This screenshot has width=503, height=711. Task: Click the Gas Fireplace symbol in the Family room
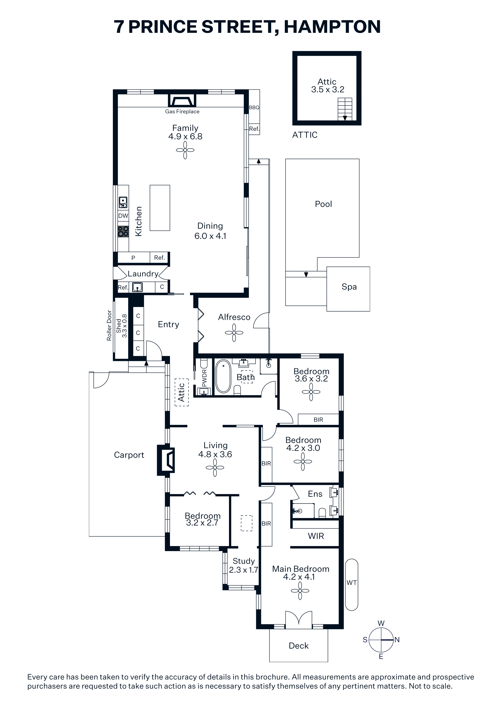(182, 100)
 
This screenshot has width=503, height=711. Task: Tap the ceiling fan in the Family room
(185, 150)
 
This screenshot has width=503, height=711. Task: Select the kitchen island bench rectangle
(160, 208)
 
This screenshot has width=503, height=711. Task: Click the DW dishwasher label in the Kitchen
(123, 216)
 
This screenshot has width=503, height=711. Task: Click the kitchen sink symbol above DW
(123, 202)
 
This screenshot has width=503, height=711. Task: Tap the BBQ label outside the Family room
(254, 107)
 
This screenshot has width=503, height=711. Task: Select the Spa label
(349, 287)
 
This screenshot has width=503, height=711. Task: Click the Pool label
(323, 204)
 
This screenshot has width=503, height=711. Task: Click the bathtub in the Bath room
(223, 376)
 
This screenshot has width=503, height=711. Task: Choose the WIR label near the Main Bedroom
(316, 536)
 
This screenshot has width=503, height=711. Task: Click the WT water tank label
(351, 583)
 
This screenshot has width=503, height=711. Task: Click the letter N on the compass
(397, 640)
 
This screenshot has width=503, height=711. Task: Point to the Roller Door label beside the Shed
(109, 326)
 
